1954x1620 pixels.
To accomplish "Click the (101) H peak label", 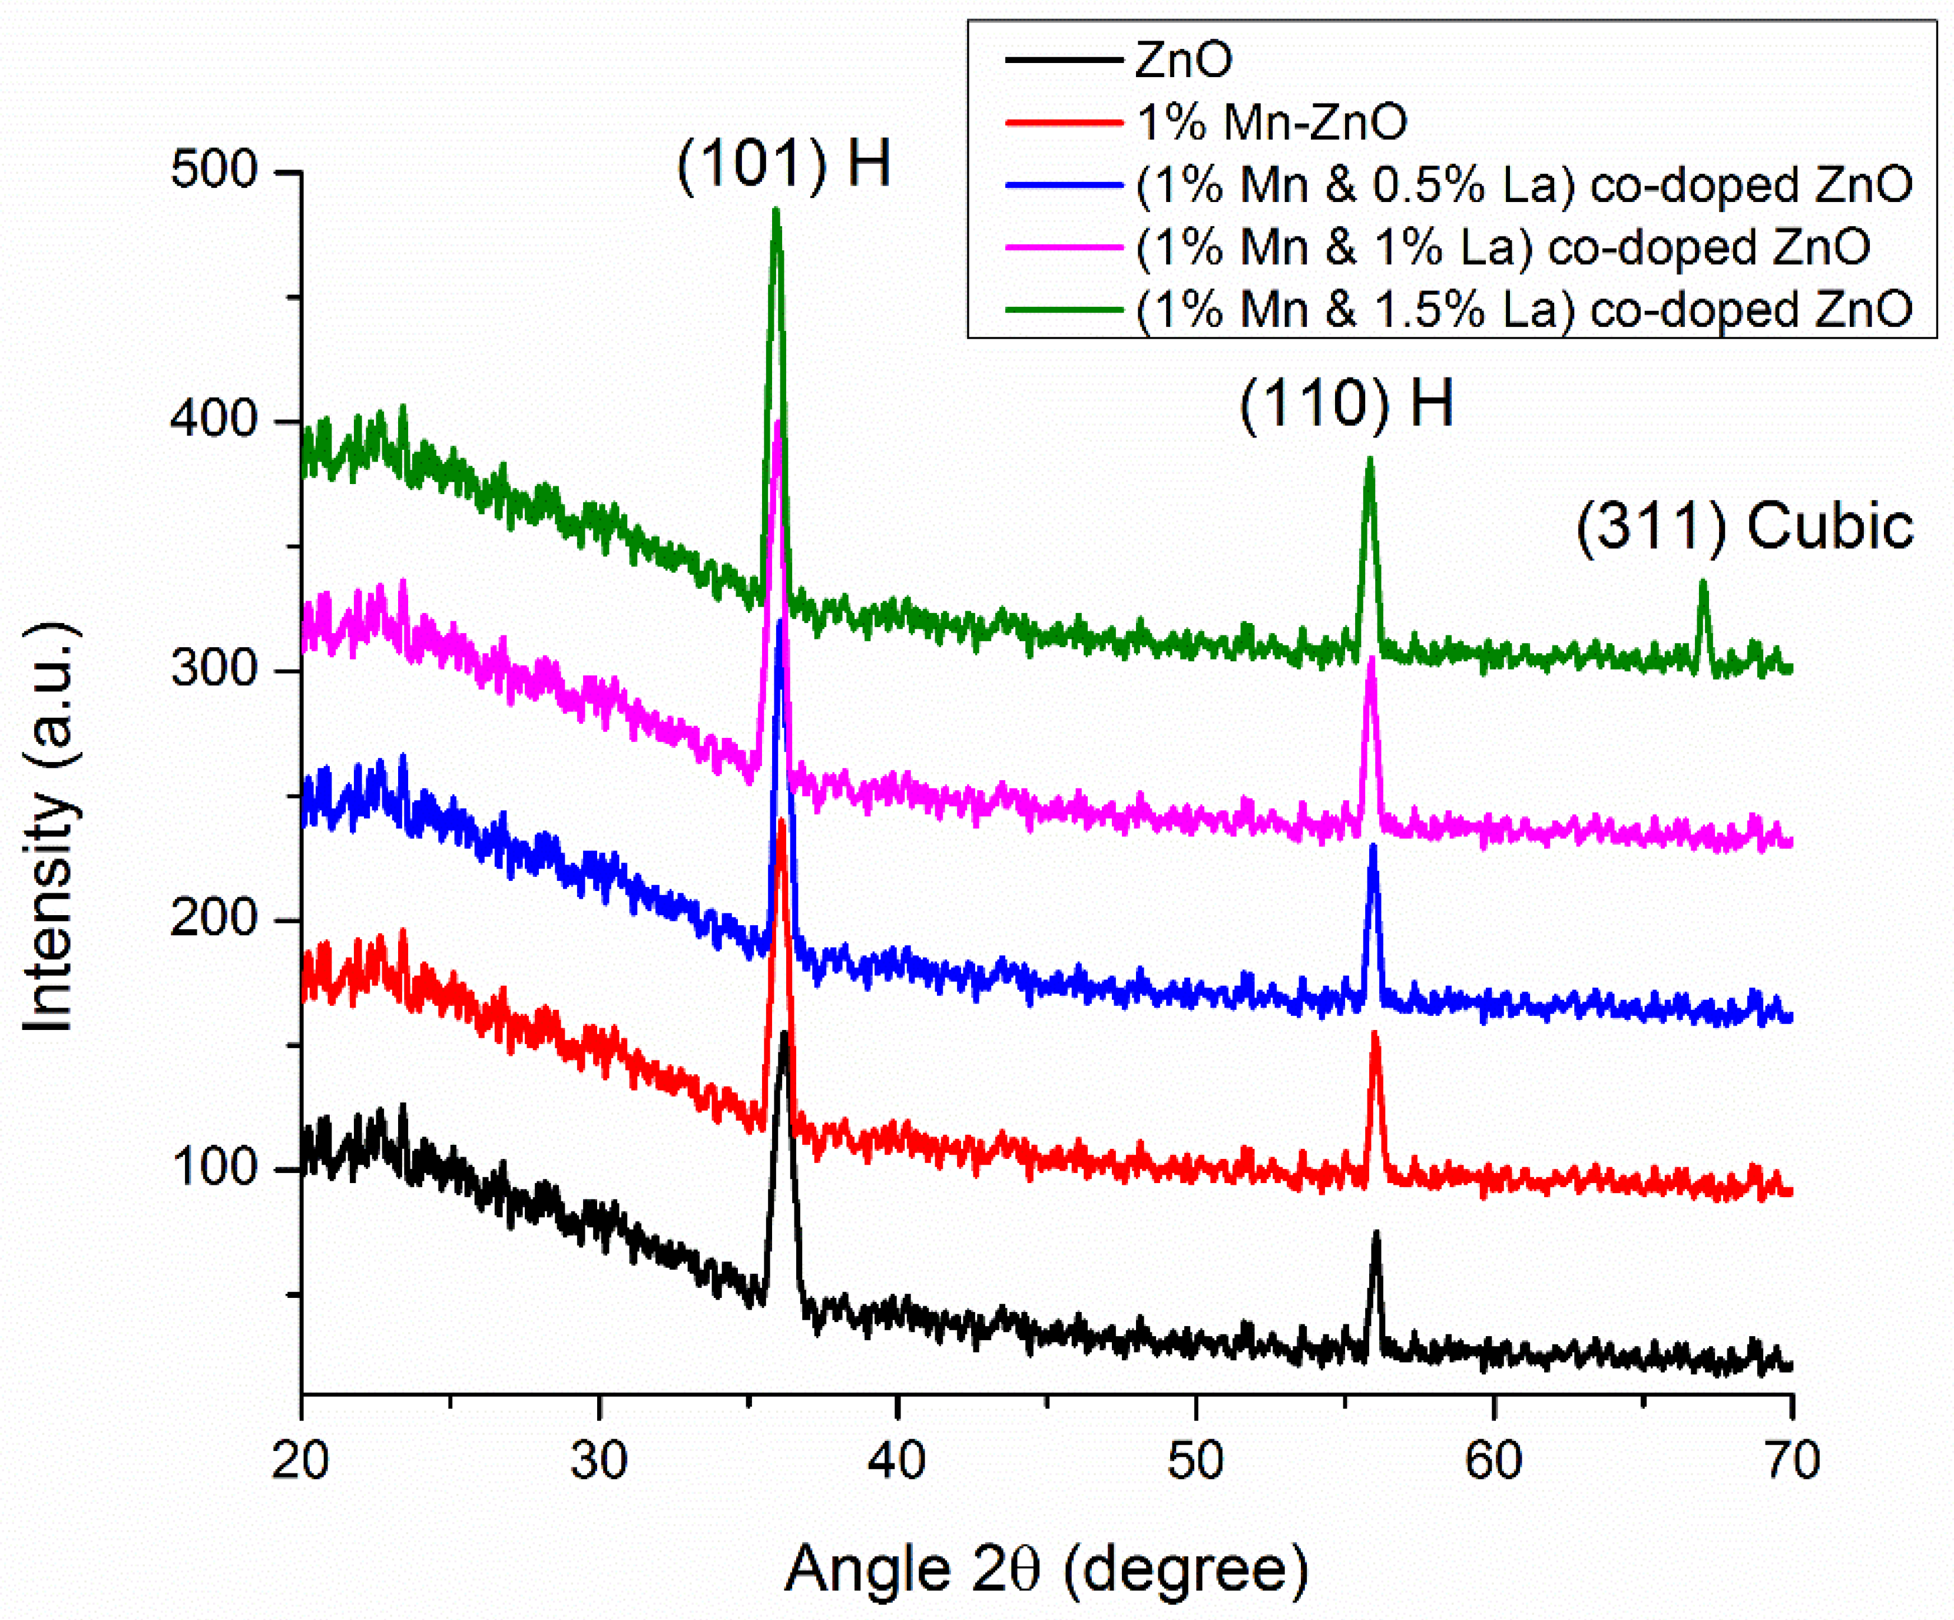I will click(x=783, y=165).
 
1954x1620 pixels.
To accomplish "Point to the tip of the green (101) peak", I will click(x=776, y=212).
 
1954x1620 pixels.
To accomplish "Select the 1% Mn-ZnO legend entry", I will click(x=1271, y=122).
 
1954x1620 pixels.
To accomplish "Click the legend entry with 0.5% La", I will click(x=1522, y=185).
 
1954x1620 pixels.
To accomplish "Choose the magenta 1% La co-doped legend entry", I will click(x=1502, y=247).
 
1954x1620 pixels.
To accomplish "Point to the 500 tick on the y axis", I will click(x=213, y=172).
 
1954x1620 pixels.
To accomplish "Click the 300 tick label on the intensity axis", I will click(x=213, y=670).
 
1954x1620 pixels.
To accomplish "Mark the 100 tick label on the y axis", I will click(x=213, y=1168).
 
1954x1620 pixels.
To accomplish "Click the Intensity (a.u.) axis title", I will click(x=48, y=828).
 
